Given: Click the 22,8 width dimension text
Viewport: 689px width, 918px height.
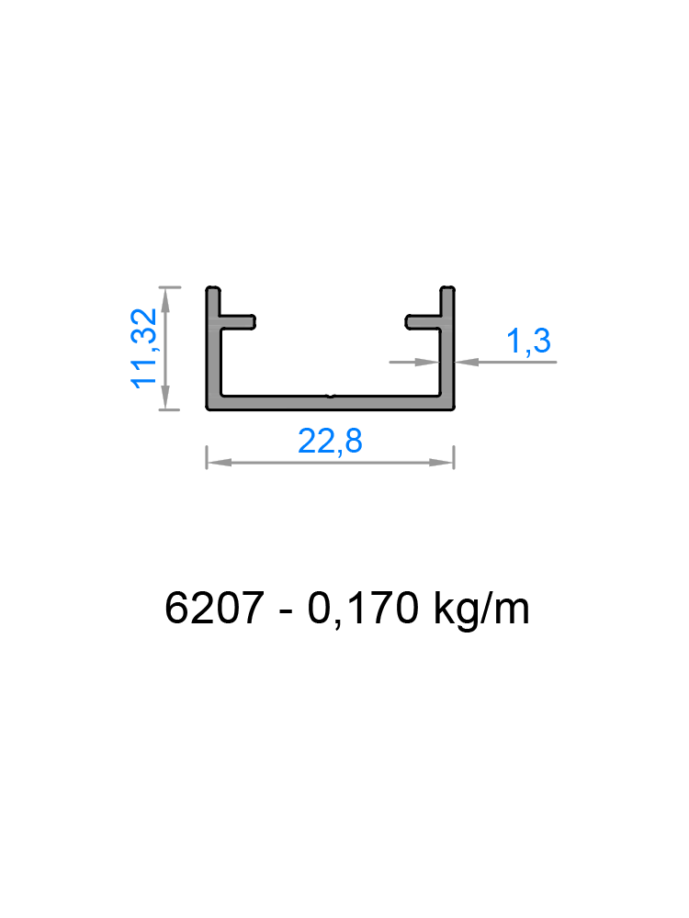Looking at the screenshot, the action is coord(331,442).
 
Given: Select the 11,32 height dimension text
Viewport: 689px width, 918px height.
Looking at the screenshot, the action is coord(144,348).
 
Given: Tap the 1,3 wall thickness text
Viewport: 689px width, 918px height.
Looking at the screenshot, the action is coord(529,341).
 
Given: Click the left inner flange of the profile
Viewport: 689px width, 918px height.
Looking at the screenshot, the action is coord(236,323).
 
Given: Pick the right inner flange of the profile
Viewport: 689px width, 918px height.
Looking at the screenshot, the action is coord(425,323).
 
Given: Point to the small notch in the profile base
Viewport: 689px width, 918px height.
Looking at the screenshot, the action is coord(331,399).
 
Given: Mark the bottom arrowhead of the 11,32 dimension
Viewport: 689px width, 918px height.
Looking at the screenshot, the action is coord(166,399).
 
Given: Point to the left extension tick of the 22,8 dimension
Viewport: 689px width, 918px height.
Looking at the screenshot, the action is coord(207,456).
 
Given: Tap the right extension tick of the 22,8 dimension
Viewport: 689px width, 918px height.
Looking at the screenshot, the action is coord(454,456).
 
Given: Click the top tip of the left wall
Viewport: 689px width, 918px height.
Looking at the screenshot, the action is coord(213,291).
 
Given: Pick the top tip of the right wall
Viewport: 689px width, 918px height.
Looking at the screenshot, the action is coord(448,291).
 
